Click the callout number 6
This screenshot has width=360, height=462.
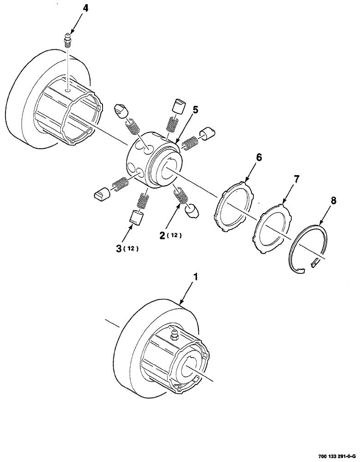click(258, 158)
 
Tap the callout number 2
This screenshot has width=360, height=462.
click(163, 235)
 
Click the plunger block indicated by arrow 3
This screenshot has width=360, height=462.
click(135, 217)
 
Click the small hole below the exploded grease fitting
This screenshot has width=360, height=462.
click(68, 91)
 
